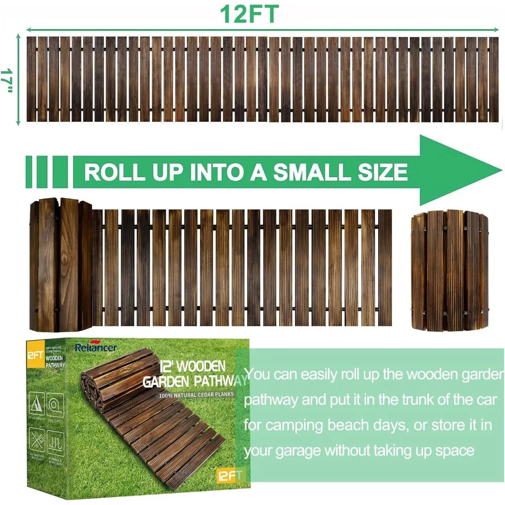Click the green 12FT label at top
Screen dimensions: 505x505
(x=248, y=14)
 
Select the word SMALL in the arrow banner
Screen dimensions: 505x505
(x=313, y=172)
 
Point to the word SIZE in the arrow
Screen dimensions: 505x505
(x=382, y=172)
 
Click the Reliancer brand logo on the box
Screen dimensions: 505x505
(x=95, y=347)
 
